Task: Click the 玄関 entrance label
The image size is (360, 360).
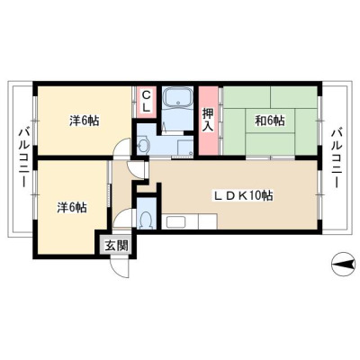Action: coord(116,246)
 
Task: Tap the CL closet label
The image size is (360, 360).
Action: coord(146,102)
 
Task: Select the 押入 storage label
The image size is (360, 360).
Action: coord(208,120)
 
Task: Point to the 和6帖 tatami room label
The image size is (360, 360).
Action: coord(270,121)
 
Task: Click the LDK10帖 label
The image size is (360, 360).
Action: coord(243,196)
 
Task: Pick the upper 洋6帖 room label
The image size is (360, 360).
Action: coord(85,121)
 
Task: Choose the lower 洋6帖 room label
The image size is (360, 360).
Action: coord(72,208)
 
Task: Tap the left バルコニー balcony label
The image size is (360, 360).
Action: coord(24,158)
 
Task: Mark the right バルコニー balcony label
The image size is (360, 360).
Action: coord(337,158)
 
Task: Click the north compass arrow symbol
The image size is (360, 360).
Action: coord(343,265)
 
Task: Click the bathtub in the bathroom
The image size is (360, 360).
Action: coord(177,97)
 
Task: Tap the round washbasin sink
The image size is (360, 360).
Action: coord(143,146)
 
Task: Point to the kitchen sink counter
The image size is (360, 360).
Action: coord(189,221)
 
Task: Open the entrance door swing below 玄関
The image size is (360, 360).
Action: coord(120,268)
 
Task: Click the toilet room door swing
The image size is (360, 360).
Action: coord(123,218)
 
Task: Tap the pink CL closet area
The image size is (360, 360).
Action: coord(146,102)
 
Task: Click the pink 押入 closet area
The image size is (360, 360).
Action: coord(208,121)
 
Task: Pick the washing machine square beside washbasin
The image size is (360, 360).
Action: coord(185,148)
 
